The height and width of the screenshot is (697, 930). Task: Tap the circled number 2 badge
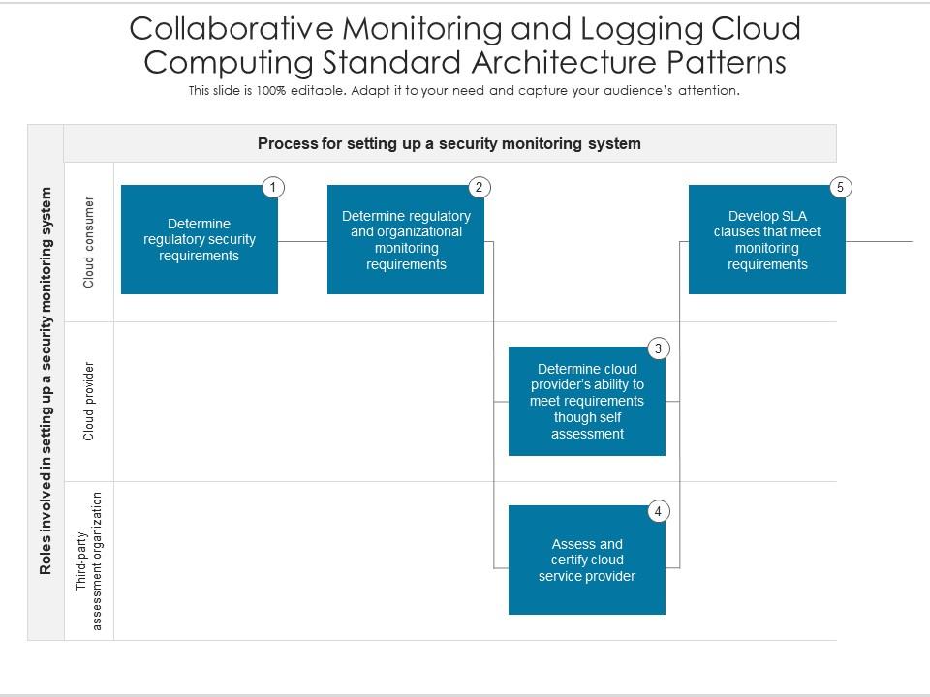pos(478,187)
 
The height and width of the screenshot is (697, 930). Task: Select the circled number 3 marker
pos(658,348)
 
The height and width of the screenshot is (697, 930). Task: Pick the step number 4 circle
pos(658,511)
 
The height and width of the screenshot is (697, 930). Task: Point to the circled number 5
pos(841,187)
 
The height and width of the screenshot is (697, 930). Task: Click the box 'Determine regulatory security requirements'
pos(200,240)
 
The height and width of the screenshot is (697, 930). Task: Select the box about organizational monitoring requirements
pos(406,240)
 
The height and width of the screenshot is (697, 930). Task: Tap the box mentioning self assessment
pos(587,401)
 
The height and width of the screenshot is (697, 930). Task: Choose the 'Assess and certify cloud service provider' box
pos(587,560)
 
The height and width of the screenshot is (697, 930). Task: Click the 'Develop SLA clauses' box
pos(767,240)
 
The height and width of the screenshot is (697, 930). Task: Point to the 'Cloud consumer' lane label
pos(89,242)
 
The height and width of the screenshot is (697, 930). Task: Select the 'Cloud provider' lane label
pos(89,401)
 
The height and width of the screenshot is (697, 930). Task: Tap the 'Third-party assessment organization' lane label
pos(89,561)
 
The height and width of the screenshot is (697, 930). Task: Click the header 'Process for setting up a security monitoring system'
pos(449,143)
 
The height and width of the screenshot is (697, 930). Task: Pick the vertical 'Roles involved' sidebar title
pos(46,381)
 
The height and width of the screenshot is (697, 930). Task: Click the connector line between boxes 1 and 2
pos(302,241)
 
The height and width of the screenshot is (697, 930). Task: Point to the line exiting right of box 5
pos(879,241)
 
